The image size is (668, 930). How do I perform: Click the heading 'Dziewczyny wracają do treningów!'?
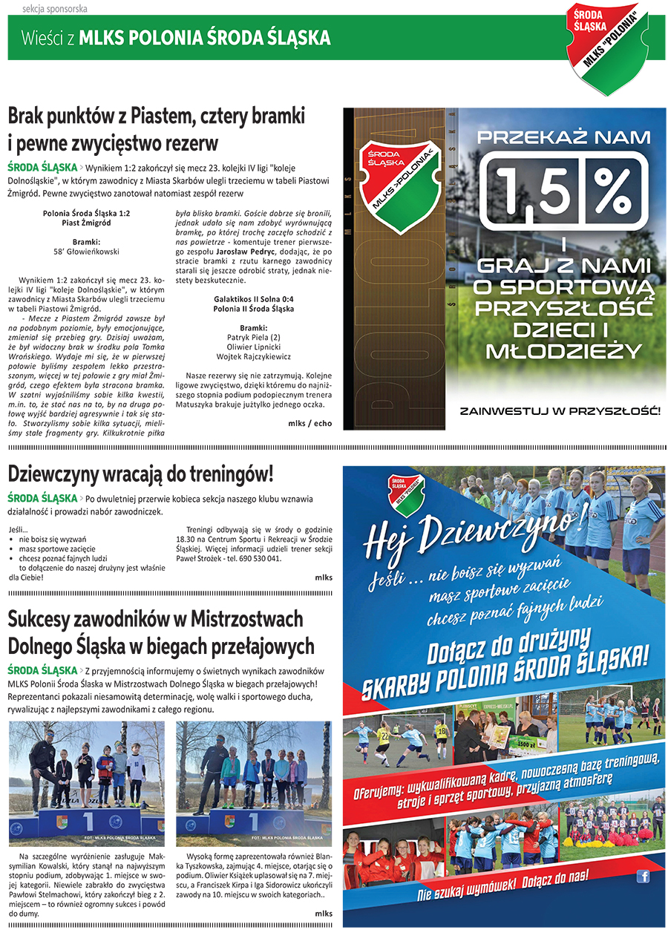click(141, 474)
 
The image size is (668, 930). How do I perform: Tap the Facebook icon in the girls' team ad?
click(643, 877)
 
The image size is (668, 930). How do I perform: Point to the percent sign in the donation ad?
click(614, 191)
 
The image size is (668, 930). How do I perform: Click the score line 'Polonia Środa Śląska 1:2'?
click(87, 212)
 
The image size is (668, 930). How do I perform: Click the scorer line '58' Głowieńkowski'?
click(87, 251)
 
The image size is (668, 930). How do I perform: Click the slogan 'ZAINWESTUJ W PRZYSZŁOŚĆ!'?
click(560, 410)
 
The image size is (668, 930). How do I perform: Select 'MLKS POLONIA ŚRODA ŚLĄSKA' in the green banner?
click(204, 38)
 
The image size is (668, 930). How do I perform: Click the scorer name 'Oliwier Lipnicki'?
click(254, 347)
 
